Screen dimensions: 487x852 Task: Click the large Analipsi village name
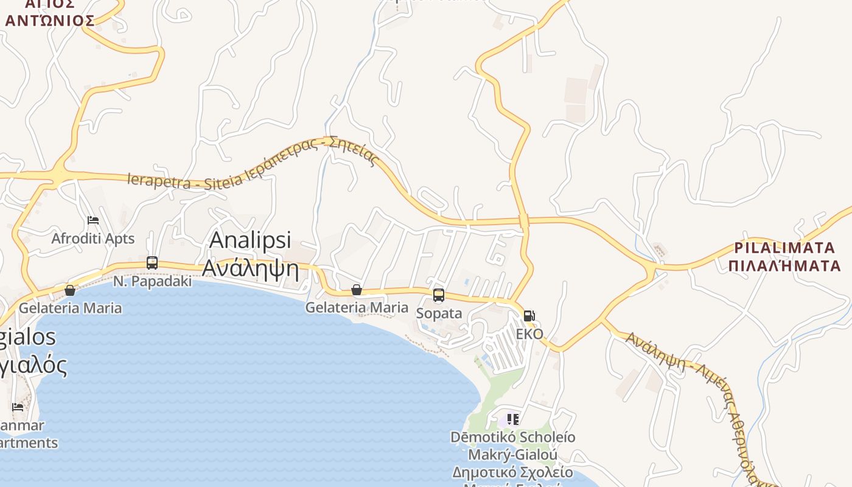tap(250, 240)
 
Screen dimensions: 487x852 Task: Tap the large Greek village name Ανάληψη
tap(250, 267)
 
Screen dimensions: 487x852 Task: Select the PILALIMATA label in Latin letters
tap(784, 248)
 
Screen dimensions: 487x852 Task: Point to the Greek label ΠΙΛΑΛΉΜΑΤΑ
tap(784, 265)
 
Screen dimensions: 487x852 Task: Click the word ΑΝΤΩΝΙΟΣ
tap(50, 21)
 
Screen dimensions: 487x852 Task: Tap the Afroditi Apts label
tap(93, 239)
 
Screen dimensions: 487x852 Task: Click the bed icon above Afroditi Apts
tap(93, 220)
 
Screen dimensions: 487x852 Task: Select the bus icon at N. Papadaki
tap(152, 263)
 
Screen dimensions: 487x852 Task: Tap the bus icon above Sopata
tap(439, 295)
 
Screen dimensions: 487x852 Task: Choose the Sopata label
tap(439, 314)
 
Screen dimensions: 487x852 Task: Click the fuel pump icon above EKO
tap(529, 315)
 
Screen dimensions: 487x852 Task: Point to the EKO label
tap(529, 334)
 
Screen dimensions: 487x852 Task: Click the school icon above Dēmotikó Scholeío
tap(512, 419)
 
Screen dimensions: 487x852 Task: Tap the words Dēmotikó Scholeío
tap(512, 437)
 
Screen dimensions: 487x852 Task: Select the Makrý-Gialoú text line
tap(512, 455)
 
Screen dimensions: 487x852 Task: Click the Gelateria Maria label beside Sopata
tap(357, 307)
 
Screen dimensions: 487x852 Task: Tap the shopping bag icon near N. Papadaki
tap(70, 290)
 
